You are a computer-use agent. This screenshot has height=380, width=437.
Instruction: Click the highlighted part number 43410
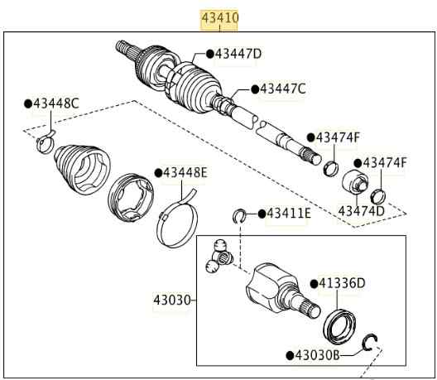click(220, 18)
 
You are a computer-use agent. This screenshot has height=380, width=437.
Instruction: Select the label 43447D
click(238, 54)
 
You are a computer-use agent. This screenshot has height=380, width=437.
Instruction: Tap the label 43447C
click(283, 89)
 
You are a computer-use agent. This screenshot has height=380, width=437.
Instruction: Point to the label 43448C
click(56, 103)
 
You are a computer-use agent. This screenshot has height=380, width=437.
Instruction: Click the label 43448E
click(185, 172)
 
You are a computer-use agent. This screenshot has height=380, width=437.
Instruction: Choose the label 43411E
click(289, 214)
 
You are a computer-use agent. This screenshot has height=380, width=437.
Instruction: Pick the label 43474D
click(361, 211)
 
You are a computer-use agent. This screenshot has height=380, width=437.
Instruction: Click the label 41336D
click(342, 283)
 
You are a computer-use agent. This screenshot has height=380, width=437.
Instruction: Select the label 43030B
click(317, 355)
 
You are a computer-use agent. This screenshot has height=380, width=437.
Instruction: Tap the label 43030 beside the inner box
click(172, 300)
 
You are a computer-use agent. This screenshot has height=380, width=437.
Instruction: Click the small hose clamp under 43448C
click(46, 142)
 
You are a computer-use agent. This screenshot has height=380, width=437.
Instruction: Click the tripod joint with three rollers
click(219, 255)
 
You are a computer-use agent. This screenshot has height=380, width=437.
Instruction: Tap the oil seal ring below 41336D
click(339, 325)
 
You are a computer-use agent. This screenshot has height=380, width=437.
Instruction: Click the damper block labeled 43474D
click(355, 182)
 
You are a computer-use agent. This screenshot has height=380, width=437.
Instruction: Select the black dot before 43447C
click(255, 89)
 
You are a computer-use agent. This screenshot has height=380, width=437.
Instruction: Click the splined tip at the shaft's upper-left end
click(125, 50)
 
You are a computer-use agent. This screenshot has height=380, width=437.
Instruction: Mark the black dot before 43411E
click(262, 214)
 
